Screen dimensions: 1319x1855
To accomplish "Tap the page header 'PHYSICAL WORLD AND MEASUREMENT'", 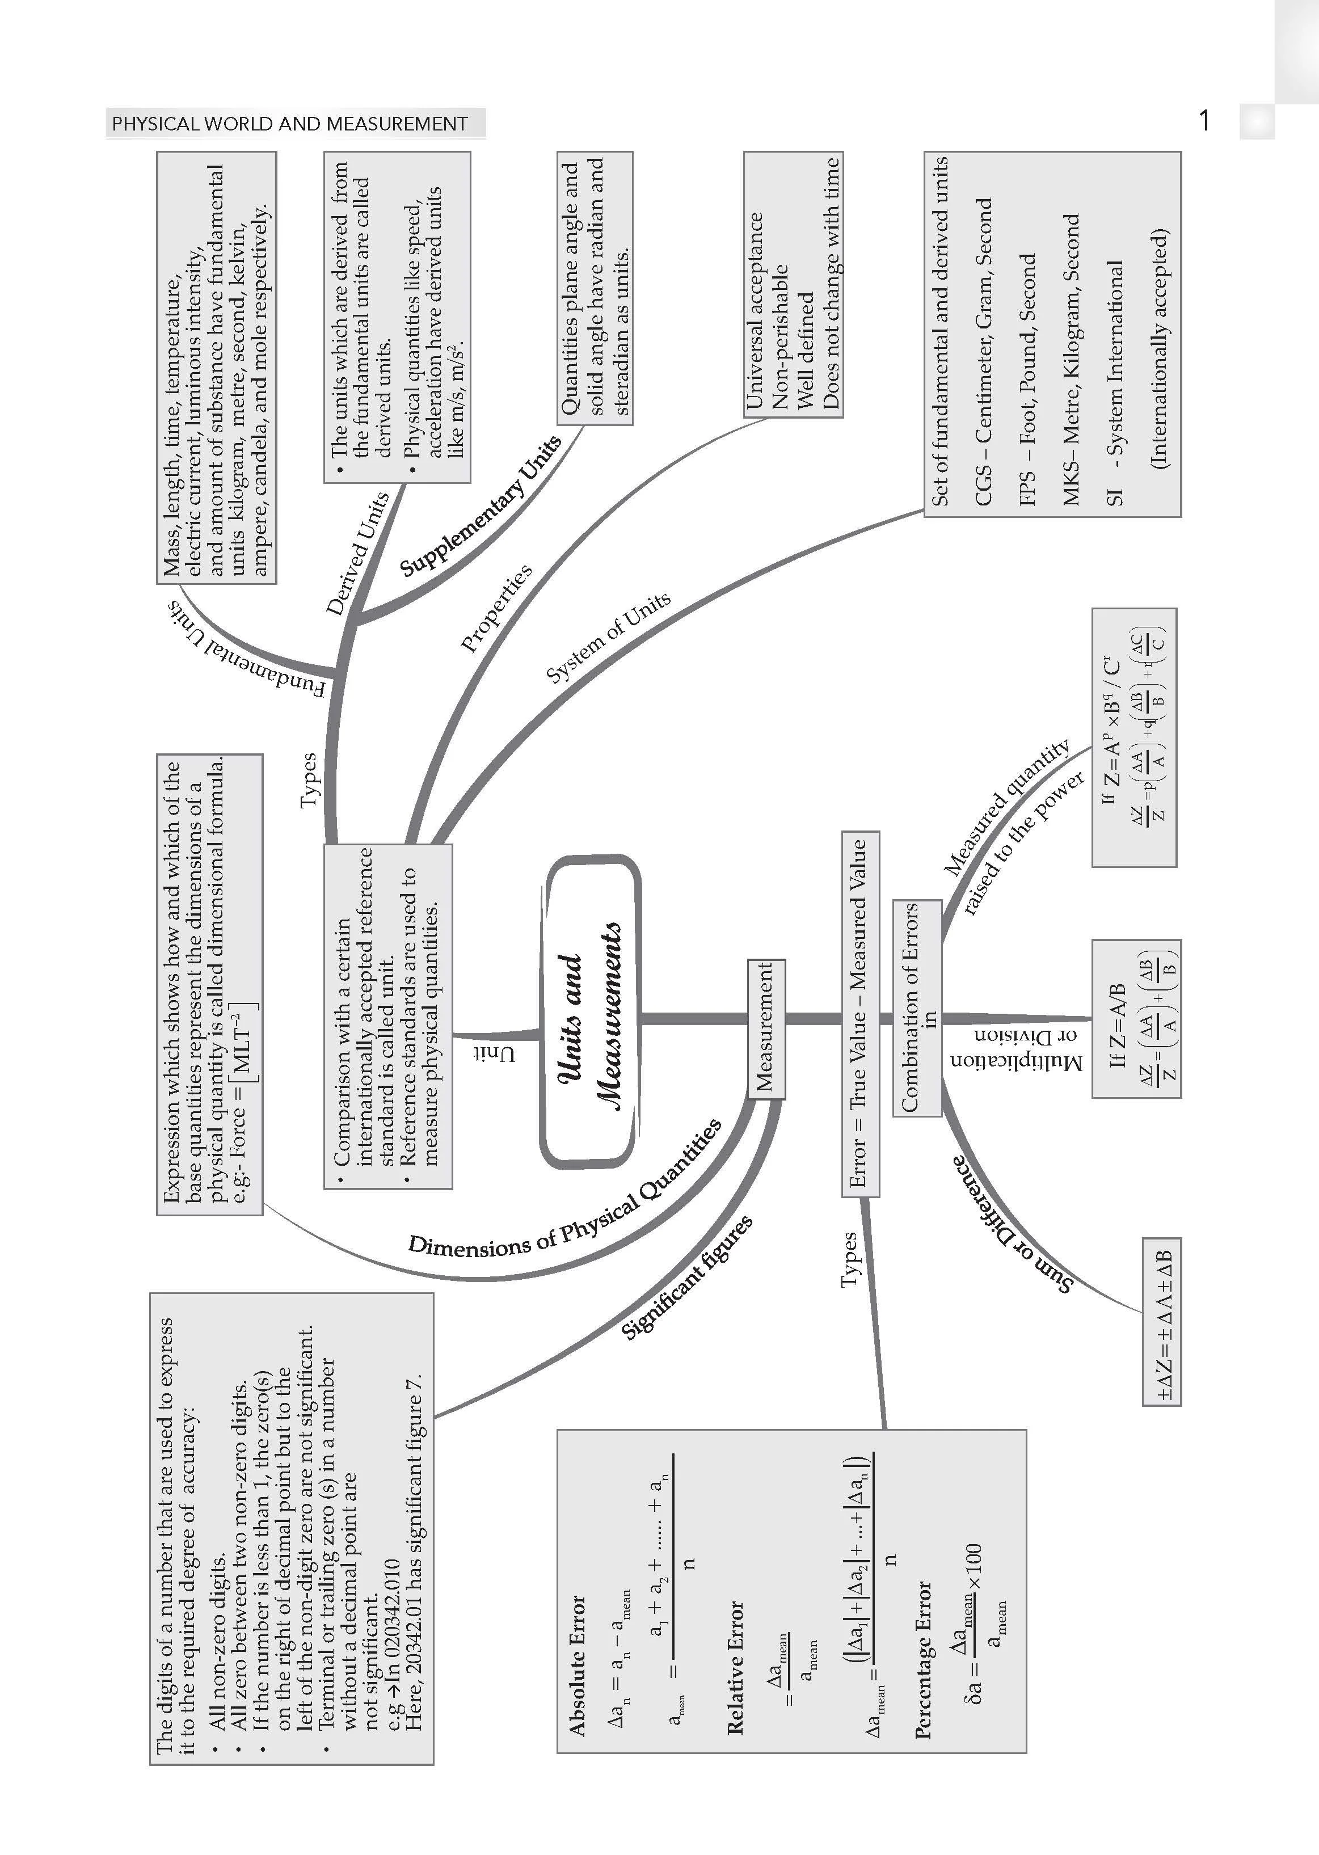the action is [290, 124].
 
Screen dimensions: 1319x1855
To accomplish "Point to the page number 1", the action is [1204, 121].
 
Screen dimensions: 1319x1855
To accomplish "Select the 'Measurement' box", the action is [766, 1029].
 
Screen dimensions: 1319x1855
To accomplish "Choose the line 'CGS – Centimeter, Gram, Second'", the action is [983, 352].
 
